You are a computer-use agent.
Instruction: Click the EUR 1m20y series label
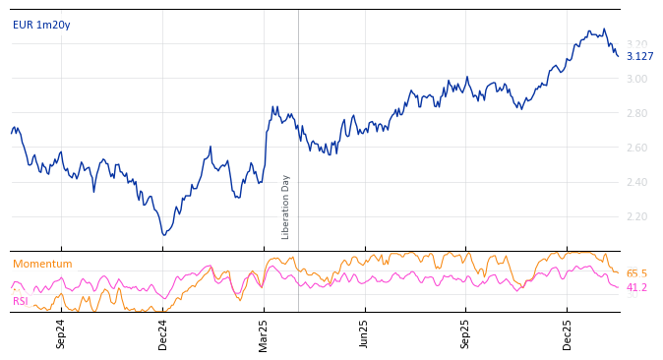point(41,25)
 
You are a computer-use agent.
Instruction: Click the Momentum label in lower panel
point(42,264)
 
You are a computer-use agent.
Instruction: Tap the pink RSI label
point(21,301)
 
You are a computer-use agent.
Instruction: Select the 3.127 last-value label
point(639,56)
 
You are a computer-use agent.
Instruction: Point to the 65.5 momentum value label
point(636,273)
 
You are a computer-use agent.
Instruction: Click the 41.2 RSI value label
point(636,287)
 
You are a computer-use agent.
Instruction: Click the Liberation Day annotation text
point(286,207)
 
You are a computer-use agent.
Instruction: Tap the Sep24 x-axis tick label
point(61,333)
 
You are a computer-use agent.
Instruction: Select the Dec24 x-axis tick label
point(163,333)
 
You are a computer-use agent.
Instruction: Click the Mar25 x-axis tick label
point(264,333)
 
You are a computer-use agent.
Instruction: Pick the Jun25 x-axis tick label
point(364,333)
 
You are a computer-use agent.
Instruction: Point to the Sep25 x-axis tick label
point(466,333)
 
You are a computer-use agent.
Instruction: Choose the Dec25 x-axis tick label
point(568,333)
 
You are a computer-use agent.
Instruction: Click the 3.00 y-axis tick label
point(637,79)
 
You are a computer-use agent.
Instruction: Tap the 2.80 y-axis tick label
point(637,113)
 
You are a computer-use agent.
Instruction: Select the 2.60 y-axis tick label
point(637,148)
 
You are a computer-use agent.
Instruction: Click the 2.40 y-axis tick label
point(637,182)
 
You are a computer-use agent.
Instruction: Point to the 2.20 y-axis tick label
point(637,216)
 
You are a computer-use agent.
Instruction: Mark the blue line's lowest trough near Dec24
point(164,235)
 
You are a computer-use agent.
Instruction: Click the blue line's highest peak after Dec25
point(604,30)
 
